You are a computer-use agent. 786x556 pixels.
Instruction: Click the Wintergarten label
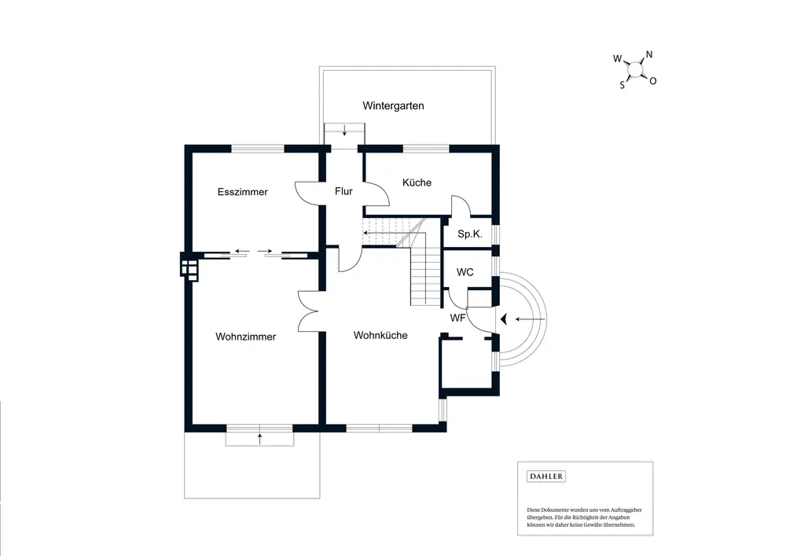[x=393, y=106]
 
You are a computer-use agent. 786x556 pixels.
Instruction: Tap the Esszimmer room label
[x=243, y=192]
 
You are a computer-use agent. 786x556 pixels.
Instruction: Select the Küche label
[x=417, y=182]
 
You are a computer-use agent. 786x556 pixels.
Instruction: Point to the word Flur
[x=343, y=191]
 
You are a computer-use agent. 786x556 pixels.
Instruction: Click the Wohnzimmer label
[x=245, y=337]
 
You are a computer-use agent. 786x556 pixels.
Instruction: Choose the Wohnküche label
[x=380, y=335]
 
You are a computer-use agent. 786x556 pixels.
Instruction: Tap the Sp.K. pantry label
[x=470, y=234]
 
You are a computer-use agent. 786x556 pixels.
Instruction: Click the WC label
[x=465, y=272]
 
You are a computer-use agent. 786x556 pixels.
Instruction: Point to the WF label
[x=457, y=318]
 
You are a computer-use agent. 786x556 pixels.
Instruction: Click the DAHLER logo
[x=546, y=477]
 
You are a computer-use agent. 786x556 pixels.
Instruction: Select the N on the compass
[x=649, y=54]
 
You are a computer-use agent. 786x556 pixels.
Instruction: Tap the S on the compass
[x=622, y=85]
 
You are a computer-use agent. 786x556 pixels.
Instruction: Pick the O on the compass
[x=652, y=81]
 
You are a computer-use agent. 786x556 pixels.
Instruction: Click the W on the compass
[x=618, y=59]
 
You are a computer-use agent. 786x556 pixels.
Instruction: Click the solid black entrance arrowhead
[x=504, y=319]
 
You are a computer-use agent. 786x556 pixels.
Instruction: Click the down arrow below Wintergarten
[x=344, y=130]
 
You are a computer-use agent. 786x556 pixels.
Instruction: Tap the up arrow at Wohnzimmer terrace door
[x=259, y=439]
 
